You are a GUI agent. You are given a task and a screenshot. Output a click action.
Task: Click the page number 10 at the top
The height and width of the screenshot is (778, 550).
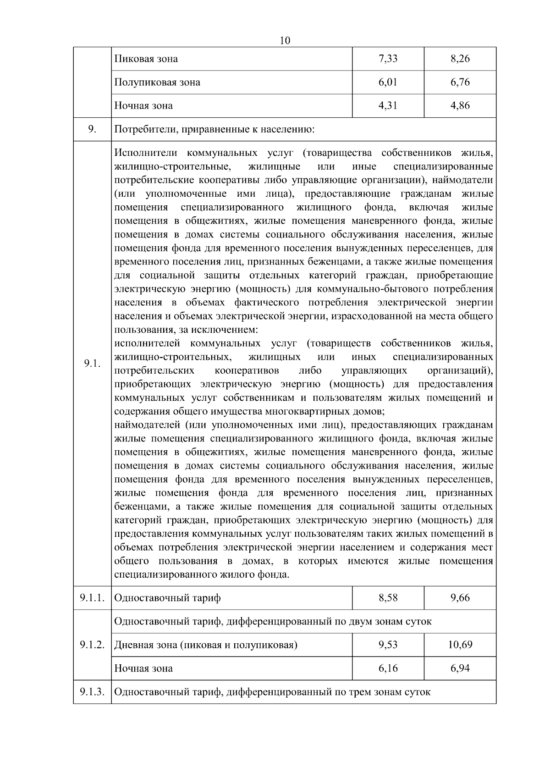[x=285, y=40]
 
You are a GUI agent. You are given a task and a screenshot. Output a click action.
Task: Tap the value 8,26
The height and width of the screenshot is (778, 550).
[x=460, y=59]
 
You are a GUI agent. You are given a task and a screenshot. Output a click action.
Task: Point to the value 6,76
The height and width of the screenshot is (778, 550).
[x=460, y=82]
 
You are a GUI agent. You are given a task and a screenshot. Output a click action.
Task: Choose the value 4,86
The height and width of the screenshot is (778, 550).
[x=460, y=105]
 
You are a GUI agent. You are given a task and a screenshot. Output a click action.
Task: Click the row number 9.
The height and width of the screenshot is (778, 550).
[x=92, y=129]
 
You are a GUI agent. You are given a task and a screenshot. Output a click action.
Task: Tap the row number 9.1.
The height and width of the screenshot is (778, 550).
[x=92, y=364]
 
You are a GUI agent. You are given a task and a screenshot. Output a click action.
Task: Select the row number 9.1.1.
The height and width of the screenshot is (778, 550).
[x=92, y=598]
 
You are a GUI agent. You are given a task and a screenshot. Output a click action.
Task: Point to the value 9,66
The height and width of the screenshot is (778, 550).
[x=460, y=598]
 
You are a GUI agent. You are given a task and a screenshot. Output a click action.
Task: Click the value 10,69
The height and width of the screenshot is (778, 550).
[x=460, y=645]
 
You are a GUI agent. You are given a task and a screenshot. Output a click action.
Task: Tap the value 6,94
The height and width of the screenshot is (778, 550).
[x=460, y=668]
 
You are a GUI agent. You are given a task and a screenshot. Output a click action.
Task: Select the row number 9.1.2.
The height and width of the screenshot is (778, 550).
[x=92, y=645]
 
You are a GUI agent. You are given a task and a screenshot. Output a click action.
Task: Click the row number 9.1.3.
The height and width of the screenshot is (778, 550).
[x=92, y=692]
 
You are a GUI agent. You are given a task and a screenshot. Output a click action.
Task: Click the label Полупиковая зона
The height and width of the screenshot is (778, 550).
[x=157, y=82]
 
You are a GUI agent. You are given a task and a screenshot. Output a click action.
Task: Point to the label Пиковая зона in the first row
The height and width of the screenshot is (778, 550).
[x=146, y=59]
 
